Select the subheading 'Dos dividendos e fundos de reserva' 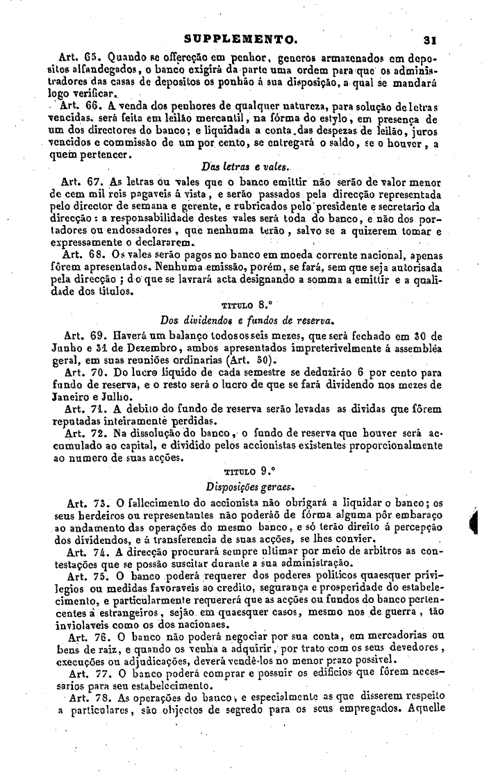[238, 320]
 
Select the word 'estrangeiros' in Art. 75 [115, 612]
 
